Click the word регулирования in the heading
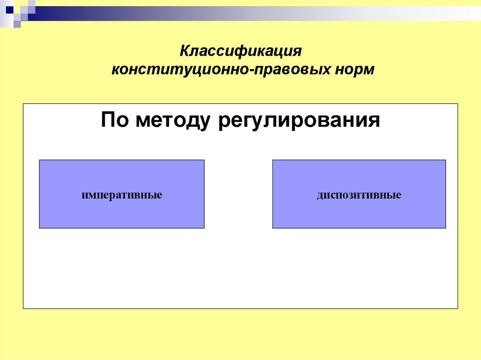[x=298, y=122]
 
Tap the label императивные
[x=122, y=194]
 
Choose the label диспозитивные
[x=359, y=194]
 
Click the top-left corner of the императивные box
[x=39, y=160]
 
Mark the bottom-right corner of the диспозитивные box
[x=446, y=228]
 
